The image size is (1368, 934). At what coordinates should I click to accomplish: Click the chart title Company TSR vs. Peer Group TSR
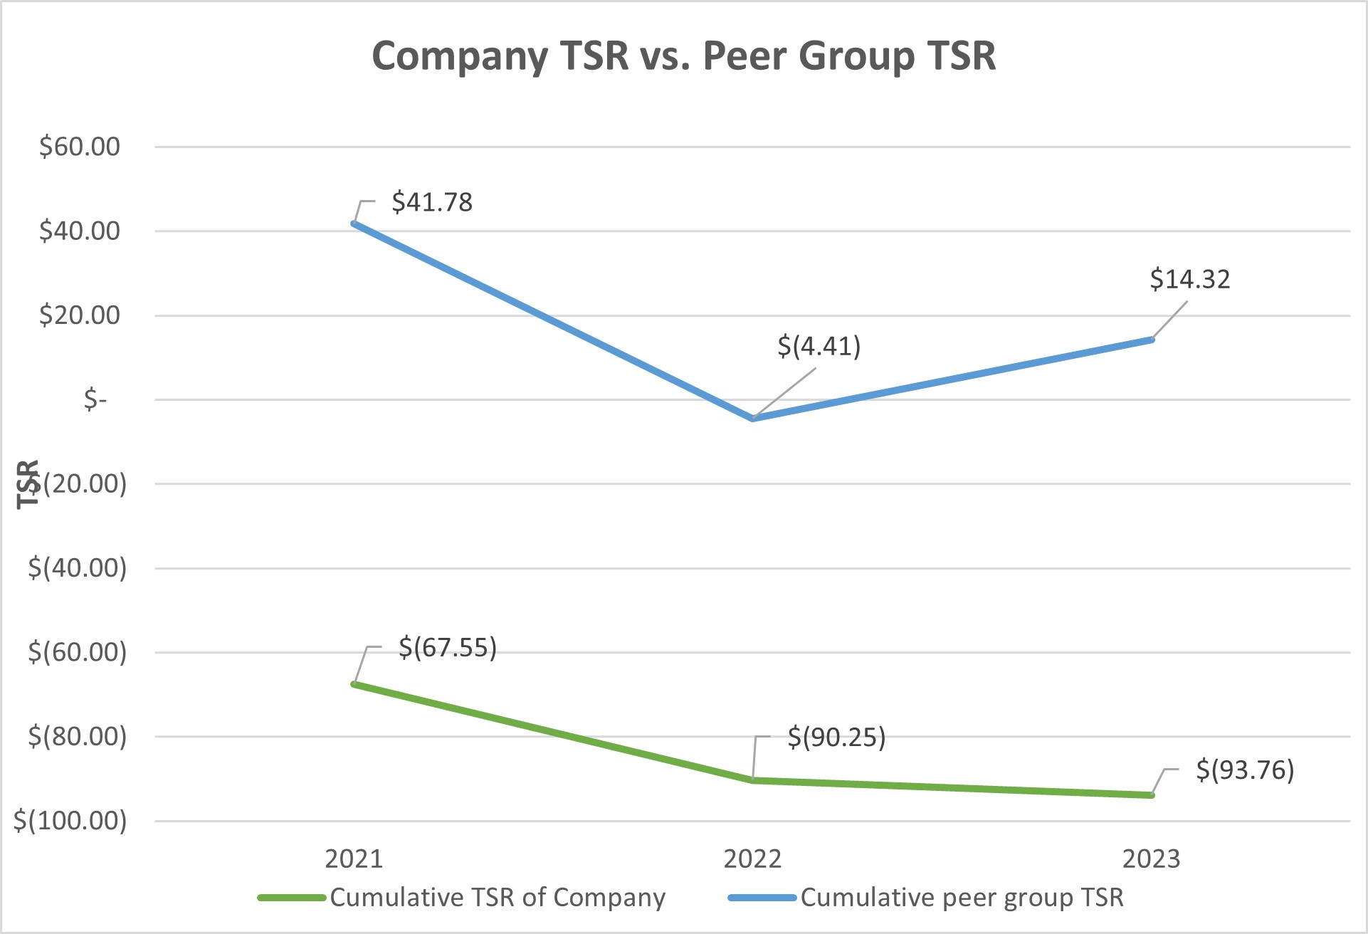pyautogui.click(x=683, y=56)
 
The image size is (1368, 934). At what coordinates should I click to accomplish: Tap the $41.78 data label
pyautogui.click(x=432, y=202)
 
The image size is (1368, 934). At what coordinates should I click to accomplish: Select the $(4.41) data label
pyautogui.click(x=819, y=346)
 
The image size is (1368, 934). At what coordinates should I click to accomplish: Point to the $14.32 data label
pyautogui.click(x=1189, y=279)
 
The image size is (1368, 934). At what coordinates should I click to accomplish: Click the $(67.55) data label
pyautogui.click(x=447, y=648)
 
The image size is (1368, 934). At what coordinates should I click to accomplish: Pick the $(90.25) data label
pyautogui.click(x=836, y=738)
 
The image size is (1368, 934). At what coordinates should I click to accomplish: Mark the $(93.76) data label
pyautogui.click(x=1244, y=770)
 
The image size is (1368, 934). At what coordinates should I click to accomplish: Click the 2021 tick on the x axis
pyautogui.click(x=354, y=859)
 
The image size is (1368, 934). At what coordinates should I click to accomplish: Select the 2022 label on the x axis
pyautogui.click(x=752, y=859)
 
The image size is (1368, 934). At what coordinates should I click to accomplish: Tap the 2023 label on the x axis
pyautogui.click(x=1151, y=859)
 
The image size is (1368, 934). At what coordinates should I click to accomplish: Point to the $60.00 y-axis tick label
pyautogui.click(x=80, y=147)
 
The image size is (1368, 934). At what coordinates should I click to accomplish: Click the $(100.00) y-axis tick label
pyautogui.click(x=70, y=821)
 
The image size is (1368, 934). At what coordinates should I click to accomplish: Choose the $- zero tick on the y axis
pyautogui.click(x=95, y=399)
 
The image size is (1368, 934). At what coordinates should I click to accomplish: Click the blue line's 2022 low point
pyautogui.click(x=753, y=419)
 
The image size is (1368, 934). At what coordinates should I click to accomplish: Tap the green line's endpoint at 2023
pyautogui.click(x=1152, y=794)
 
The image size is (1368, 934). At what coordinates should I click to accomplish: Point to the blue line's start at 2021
pyautogui.click(x=354, y=224)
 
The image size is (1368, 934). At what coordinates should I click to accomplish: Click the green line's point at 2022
pyautogui.click(x=753, y=780)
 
